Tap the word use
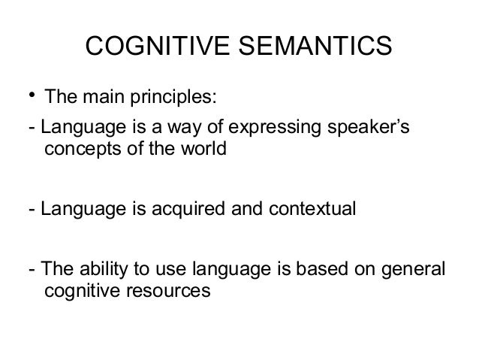(171, 270)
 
